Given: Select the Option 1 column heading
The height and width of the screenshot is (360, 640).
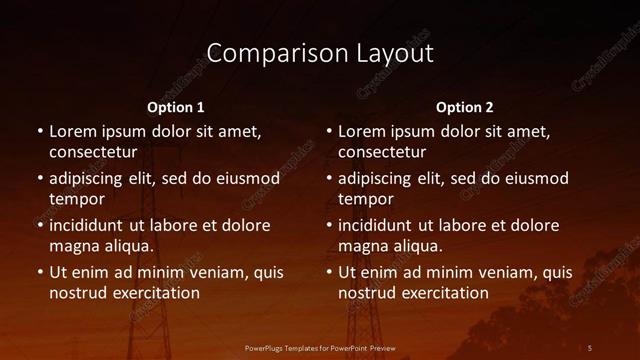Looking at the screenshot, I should (x=176, y=106).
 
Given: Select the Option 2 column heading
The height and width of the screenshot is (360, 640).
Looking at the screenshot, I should (x=465, y=106).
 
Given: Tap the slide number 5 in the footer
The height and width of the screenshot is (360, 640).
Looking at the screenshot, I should (x=590, y=347).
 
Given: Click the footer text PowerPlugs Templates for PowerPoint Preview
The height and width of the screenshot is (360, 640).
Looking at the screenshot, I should (x=320, y=347).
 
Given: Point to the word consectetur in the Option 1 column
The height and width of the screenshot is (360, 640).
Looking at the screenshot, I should (x=93, y=152).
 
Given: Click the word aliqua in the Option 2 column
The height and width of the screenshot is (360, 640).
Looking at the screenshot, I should (x=416, y=246).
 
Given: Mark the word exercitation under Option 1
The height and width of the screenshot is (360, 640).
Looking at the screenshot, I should (x=155, y=293).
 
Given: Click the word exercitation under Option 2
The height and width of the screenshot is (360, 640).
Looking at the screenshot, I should (x=444, y=293).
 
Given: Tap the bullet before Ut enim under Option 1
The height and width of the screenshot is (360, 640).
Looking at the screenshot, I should (x=39, y=272).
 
